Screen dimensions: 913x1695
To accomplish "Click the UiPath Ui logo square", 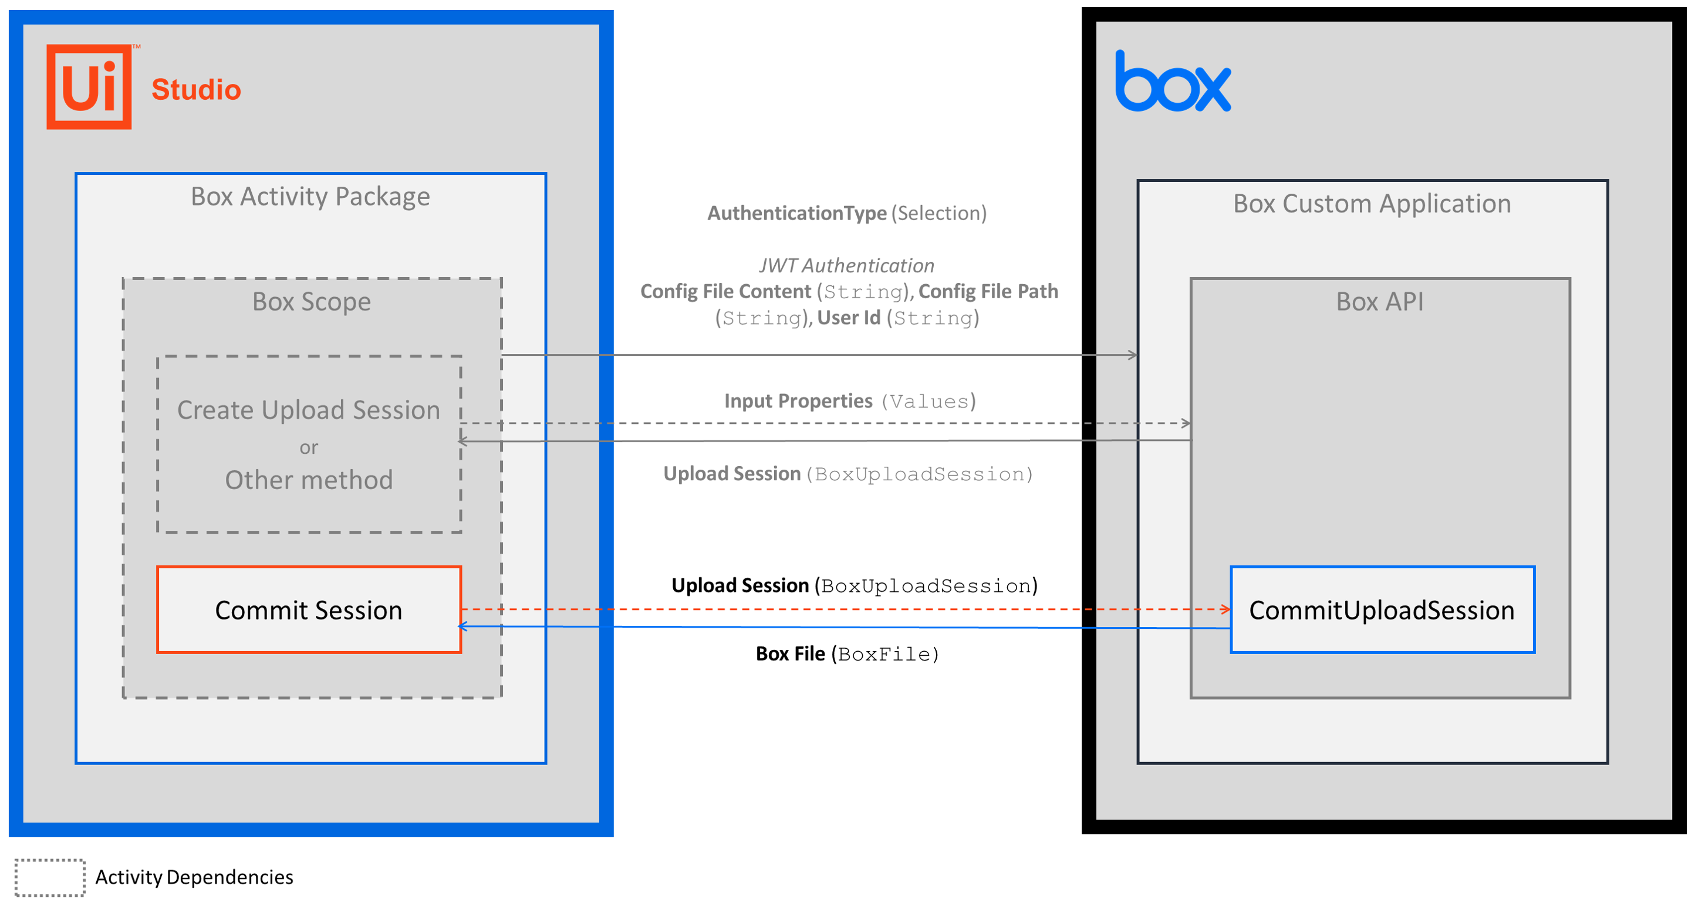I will (89, 87).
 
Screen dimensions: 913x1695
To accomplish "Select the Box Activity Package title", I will (310, 197).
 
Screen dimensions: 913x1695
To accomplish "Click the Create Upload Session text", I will (309, 410).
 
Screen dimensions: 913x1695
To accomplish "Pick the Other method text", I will (309, 480).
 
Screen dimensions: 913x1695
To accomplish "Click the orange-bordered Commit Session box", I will (309, 610).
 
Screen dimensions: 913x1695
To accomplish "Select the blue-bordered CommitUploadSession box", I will (1382, 610).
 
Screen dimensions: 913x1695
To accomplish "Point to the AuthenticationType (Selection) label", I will (847, 213).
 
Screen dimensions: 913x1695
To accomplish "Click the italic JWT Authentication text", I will (846, 266).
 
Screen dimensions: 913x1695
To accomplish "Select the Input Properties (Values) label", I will (849, 401).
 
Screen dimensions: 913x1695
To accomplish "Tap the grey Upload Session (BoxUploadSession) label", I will (848, 474).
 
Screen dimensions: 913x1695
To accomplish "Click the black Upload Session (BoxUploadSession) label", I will (854, 586).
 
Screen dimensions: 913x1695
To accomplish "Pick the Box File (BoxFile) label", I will (847, 654).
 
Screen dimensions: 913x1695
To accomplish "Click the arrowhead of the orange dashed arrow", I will (1226, 609).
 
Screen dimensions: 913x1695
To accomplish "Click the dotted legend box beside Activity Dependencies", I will (50, 877).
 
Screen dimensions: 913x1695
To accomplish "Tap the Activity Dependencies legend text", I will (194, 877).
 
